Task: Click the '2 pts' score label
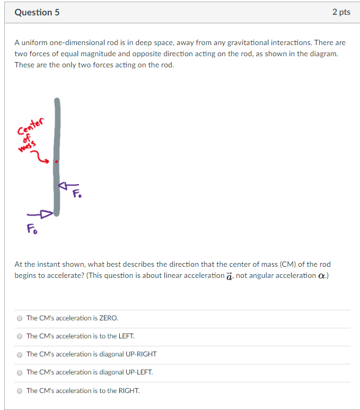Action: [341, 12]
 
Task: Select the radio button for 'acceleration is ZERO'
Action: [20, 318]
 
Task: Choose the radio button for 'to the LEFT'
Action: [20, 336]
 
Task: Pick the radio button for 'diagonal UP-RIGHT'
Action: [20, 354]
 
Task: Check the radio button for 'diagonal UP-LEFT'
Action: [20, 372]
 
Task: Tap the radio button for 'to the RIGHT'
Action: [20, 391]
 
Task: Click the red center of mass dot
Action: [57, 161]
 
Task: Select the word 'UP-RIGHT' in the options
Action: [140, 354]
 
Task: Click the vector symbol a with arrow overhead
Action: [229, 276]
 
